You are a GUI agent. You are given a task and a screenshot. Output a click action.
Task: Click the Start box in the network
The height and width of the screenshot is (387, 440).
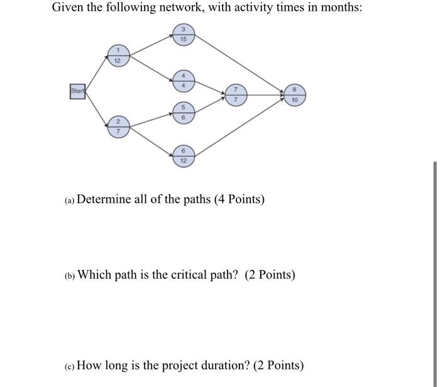(77, 92)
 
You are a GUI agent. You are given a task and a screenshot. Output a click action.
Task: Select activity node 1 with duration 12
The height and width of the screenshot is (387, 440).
(118, 55)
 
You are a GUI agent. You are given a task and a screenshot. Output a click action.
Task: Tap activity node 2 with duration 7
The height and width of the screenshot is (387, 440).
(118, 126)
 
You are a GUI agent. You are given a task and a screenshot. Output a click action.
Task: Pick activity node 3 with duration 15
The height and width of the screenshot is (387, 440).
(183, 35)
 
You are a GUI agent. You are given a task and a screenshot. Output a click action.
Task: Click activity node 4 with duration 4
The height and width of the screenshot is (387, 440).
(184, 80)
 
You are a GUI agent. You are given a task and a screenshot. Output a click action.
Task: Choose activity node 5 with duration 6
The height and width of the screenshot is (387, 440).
(184, 112)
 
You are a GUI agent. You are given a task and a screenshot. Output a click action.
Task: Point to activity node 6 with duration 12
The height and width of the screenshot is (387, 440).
(184, 155)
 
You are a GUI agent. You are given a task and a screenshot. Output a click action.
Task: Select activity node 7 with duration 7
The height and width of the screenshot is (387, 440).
(236, 95)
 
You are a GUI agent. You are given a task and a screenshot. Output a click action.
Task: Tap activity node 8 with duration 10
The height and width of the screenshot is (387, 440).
(294, 95)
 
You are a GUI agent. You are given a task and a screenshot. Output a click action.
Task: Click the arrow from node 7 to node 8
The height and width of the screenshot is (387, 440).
(265, 95)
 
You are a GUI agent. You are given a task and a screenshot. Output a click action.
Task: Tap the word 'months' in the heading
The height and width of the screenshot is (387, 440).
(337, 9)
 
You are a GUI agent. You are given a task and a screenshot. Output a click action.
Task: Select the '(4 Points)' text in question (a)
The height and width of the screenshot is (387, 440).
(239, 199)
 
